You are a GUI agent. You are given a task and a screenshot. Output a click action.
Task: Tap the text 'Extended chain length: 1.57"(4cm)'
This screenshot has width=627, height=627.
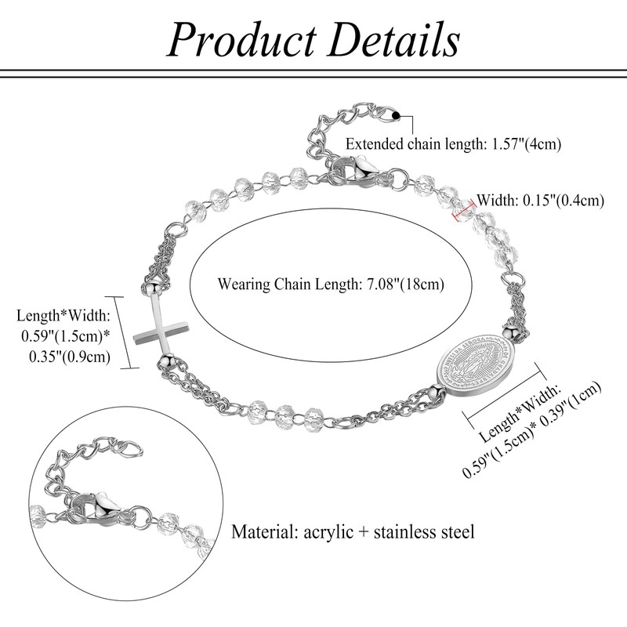click(x=454, y=144)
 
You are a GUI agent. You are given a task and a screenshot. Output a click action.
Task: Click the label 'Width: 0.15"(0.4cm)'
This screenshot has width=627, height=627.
click(x=541, y=200)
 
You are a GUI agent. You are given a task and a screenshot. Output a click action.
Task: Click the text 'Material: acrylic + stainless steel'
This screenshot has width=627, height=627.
click(x=353, y=532)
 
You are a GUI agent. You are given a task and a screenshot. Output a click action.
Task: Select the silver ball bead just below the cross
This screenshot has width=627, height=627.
click(x=165, y=361)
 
